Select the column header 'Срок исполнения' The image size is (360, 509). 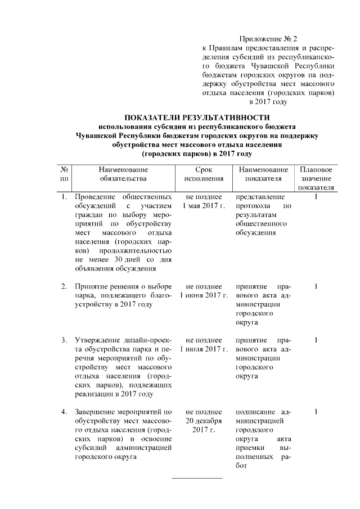(x=204, y=174)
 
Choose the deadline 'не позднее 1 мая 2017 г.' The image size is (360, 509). (x=204, y=201)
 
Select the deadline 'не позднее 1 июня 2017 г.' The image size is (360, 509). (x=204, y=291)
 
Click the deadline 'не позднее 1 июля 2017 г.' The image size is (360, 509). (x=204, y=345)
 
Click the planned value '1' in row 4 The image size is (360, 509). (x=316, y=413)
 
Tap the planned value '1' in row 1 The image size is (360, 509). (x=316, y=197)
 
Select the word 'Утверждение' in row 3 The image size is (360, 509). (x=97, y=341)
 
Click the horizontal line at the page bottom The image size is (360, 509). (x=196, y=478)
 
